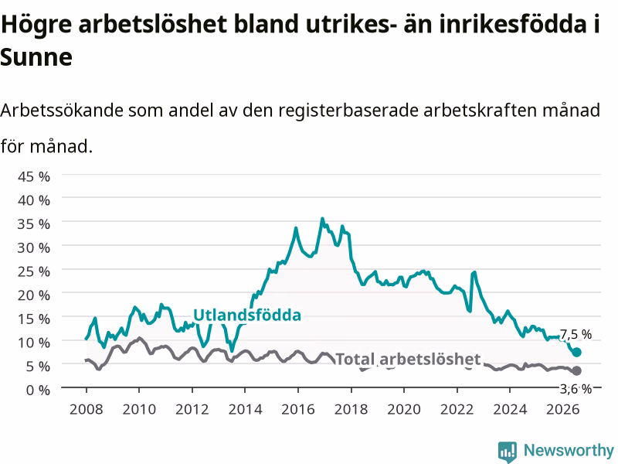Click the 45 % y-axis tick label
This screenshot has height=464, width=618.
[34, 176]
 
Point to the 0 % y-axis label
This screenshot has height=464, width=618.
[38, 390]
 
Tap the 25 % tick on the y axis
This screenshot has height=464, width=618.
[34, 271]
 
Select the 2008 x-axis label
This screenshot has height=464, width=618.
[87, 409]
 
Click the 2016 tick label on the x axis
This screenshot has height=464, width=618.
[298, 409]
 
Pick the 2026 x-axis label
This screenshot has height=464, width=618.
[563, 409]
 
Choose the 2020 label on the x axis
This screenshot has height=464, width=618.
[404, 409]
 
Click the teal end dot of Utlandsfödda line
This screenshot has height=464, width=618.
[576, 352]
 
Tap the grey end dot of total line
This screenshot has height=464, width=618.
[576, 370]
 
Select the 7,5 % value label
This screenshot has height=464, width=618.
[576, 335]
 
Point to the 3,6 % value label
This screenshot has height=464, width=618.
[576, 389]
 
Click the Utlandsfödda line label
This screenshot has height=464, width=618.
[247, 315]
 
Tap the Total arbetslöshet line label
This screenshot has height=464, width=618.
[408, 359]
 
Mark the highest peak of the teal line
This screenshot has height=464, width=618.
[322, 218]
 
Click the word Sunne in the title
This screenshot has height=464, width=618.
[36, 57]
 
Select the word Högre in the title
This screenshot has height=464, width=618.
[36, 25]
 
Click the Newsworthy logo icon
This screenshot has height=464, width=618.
[508, 451]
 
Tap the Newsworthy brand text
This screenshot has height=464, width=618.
[569, 450]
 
